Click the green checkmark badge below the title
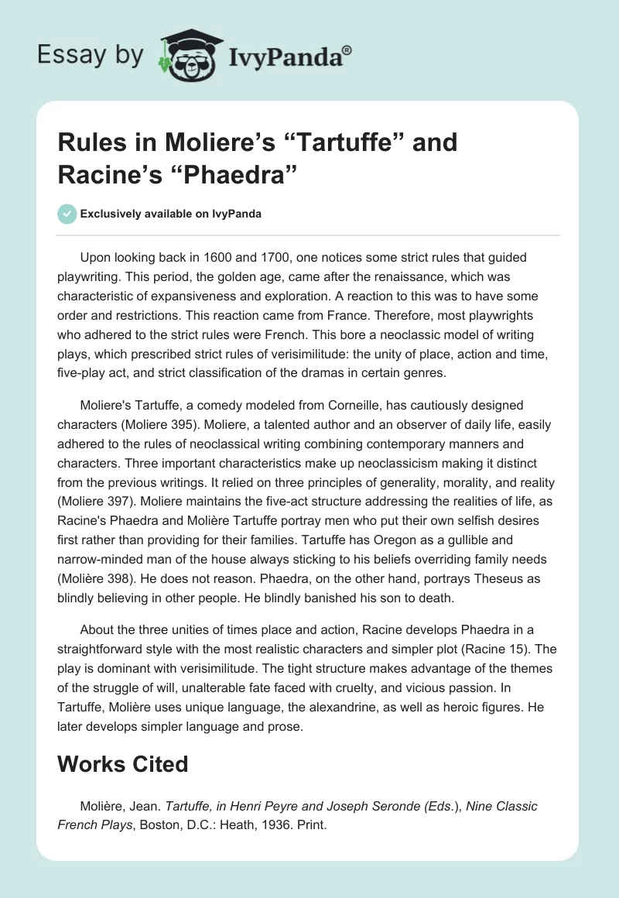click(x=66, y=214)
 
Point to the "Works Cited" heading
click(x=123, y=764)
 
